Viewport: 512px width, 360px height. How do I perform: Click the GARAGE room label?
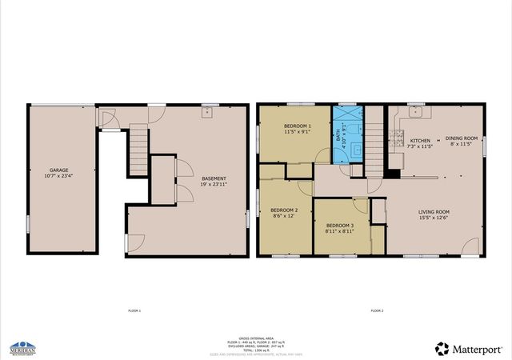click(x=58, y=173)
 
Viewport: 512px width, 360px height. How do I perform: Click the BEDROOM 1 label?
click(x=298, y=130)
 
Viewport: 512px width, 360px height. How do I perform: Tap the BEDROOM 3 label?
click(x=339, y=229)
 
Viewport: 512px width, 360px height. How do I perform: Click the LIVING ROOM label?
click(x=434, y=214)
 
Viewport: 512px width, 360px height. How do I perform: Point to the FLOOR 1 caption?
click(x=134, y=310)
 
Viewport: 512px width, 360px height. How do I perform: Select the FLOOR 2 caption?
click(x=377, y=310)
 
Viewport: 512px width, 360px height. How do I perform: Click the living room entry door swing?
click(x=470, y=247)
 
